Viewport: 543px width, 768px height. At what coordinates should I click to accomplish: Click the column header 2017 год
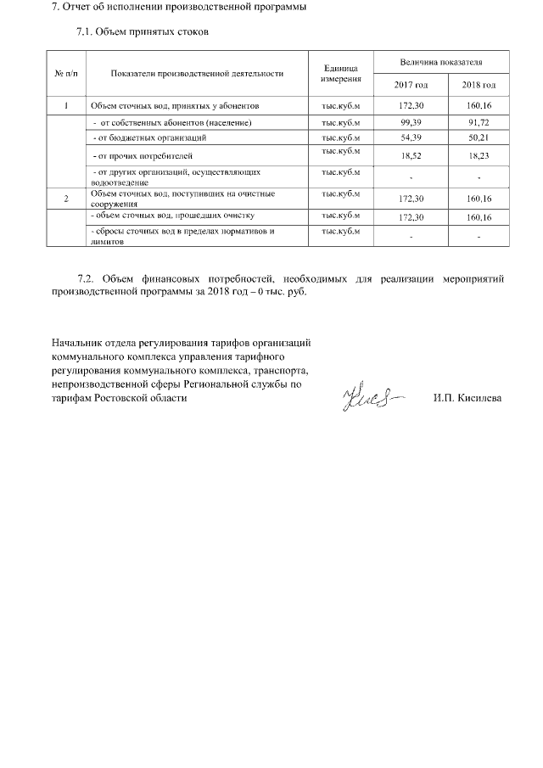coord(411,86)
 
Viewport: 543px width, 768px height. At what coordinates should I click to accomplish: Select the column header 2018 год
coord(479,86)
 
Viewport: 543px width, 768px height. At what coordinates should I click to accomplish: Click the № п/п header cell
coord(65,73)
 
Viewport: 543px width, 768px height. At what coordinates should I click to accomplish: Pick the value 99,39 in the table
coord(411,122)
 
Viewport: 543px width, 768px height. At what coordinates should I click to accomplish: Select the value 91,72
coord(479,122)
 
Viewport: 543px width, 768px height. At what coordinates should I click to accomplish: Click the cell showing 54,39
coord(411,137)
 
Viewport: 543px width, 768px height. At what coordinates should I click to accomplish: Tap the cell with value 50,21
coord(479,137)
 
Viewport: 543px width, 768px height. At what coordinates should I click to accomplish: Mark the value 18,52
coord(411,156)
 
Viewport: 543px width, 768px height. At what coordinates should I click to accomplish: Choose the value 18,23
coord(479,156)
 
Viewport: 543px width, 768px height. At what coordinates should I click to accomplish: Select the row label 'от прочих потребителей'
coord(144,156)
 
